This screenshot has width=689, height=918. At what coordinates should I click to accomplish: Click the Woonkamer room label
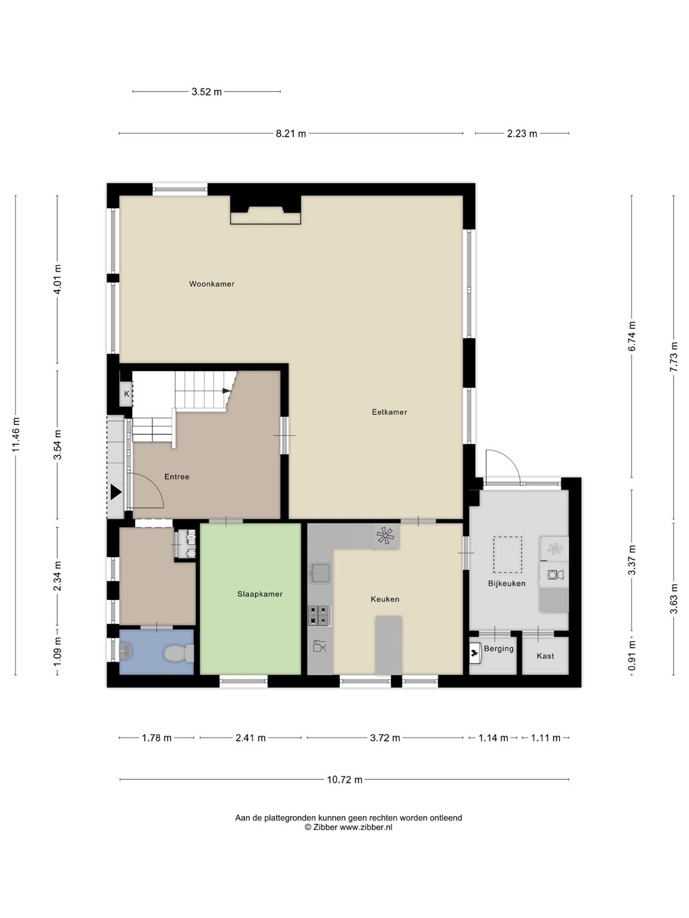pyautogui.click(x=212, y=284)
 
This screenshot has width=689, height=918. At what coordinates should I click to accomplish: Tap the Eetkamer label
pyautogui.click(x=389, y=412)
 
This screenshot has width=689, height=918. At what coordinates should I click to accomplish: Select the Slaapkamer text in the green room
pyautogui.click(x=260, y=594)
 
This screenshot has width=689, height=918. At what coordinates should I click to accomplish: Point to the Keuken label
pyautogui.click(x=385, y=599)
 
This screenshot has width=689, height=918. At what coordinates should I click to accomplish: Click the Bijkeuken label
pyautogui.click(x=507, y=583)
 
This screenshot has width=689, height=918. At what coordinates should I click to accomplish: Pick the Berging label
pyautogui.click(x=499, y=649)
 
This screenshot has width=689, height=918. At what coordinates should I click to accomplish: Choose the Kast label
pyautogui.click(x=545, y=656)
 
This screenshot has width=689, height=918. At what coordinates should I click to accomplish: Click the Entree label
pyautogui.click(x=177, y=476)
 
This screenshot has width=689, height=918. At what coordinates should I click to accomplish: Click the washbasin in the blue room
pyautogui.click(x=126, y=652)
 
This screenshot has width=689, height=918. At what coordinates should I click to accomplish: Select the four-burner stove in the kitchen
pyautogui.click(x=320, y=616)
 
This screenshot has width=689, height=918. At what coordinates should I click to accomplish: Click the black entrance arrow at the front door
pyautogui.click(x=116, y=492)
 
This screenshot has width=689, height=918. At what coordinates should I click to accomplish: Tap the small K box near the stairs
pyautogui.click(x=126, y=394)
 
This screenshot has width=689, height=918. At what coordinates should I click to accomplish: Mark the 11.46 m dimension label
pyautogui.click(x=16, y=435)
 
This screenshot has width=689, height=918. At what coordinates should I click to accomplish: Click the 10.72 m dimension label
pyautogui.click(x=344, y=780)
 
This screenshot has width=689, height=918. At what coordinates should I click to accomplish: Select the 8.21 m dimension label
pyautogui.click(x=291, y=134)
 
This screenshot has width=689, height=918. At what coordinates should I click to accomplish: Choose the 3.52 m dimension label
pyautogui.click(x=207, y=92)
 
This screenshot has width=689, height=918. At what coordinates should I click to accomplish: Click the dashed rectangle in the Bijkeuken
pyautogui.click(x=507, y=555)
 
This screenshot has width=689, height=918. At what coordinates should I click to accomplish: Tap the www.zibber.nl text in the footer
pyautogui.click(x=366, y=827)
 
